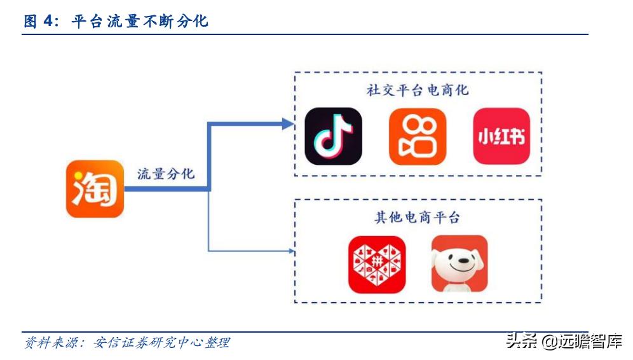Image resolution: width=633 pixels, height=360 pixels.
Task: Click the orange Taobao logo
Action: click(95, 188)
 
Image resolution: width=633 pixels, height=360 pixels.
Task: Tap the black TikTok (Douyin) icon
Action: click(333, 136)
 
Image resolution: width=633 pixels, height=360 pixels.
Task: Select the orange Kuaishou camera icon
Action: click(417, 136)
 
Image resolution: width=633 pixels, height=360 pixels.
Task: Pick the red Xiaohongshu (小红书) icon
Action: click(501, 136)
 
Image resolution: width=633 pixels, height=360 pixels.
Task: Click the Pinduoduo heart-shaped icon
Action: click(377, 264)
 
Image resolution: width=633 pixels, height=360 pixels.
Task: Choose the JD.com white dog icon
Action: click(459, 264)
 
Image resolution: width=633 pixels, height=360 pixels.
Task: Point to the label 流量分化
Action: click(166, 174)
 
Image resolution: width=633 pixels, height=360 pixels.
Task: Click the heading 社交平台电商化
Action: click(417, 90)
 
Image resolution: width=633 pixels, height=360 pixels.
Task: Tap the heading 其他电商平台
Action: click(417, 218)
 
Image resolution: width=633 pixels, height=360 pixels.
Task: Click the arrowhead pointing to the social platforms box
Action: click(289, 123)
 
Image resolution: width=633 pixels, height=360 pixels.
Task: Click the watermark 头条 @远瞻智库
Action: click(563, 341)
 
